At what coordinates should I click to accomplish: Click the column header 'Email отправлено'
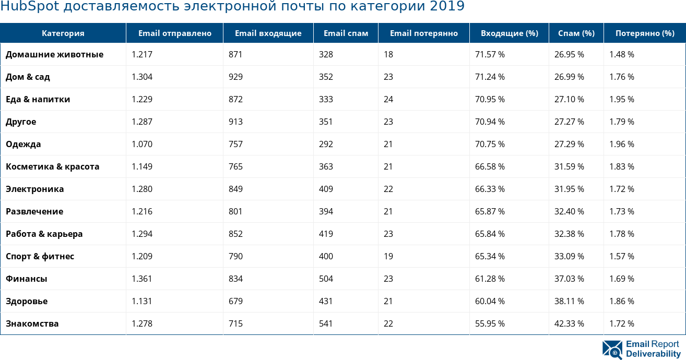174,33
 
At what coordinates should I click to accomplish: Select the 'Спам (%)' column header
576,33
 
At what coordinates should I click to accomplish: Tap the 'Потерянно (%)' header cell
644,33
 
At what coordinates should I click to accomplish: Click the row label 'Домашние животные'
54,54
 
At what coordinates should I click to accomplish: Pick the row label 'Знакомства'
32,323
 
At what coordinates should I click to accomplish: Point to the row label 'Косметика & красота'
52,166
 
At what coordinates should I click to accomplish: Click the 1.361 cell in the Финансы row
142,279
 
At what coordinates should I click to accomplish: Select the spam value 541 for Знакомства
326,323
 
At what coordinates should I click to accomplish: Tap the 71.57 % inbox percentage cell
490,54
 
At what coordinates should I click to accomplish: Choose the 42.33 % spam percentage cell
569,323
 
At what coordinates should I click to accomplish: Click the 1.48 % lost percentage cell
622,54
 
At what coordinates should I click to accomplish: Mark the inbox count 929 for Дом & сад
235,77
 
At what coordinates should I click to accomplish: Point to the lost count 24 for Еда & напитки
388,99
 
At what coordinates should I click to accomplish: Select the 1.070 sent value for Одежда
142,144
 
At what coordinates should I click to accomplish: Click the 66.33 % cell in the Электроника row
490,189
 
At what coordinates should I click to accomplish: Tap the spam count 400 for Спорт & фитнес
326,256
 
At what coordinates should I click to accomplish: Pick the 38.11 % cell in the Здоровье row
569,301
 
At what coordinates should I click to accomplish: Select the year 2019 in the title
447,7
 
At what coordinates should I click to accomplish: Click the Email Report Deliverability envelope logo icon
612,350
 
